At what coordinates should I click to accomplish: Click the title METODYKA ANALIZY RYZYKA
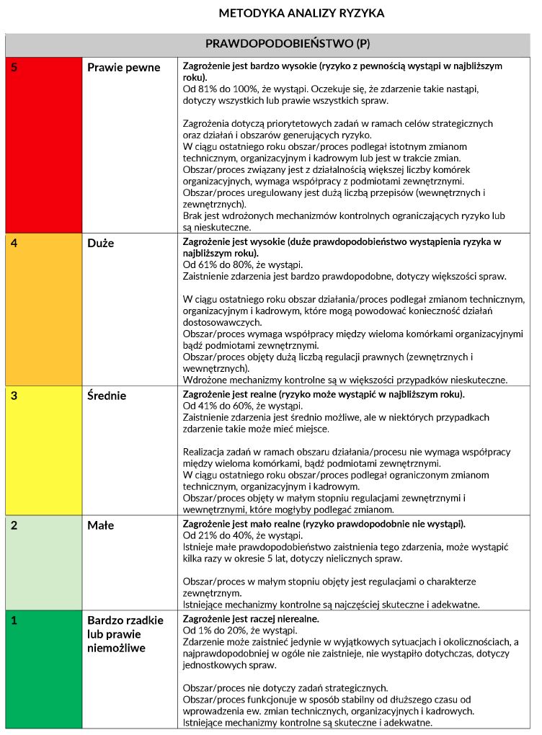[301, 13]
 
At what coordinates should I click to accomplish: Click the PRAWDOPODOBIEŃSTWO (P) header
[288, 44]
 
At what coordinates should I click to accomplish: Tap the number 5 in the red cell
[14, 67]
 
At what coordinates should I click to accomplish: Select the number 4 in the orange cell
[14, 243]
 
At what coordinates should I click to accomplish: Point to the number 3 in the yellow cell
[14, 395]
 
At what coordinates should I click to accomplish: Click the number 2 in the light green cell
[14, 525]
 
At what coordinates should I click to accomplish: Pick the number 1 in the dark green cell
[14, 620]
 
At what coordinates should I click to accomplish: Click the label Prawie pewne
[123, 68]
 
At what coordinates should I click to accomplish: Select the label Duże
[101, 244]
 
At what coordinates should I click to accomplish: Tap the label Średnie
[107, 396]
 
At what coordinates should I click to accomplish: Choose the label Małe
[100, 526]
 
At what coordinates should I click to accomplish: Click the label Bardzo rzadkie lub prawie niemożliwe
[125, 634]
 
